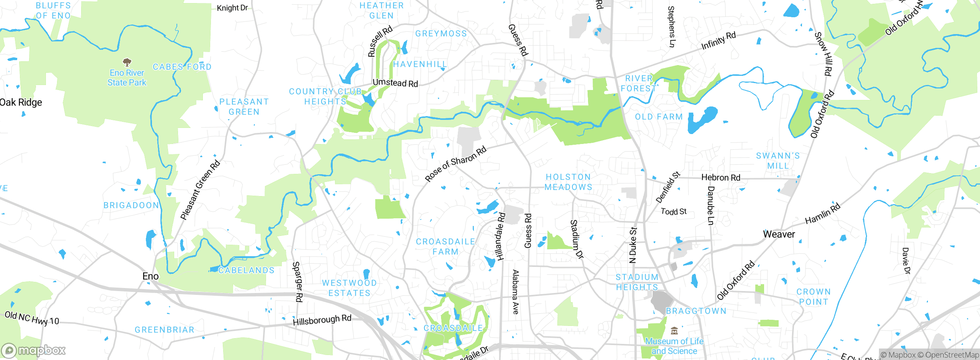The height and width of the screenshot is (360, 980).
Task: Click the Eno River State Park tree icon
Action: point(127,62)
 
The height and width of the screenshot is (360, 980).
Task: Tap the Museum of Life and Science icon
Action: point(674,331)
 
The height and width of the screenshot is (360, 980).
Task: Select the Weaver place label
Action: point(779,234)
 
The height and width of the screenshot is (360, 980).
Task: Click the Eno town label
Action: point(150,276)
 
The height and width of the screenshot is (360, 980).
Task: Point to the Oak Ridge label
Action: point(21,102)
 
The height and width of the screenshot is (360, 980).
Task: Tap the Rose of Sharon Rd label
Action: point(456,164)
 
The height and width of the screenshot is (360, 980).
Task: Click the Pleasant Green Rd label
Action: point(200,190)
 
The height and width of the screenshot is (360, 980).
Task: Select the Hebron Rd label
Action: point(720,178)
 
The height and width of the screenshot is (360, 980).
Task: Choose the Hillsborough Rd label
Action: point(322,320)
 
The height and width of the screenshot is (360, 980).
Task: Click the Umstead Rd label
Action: point(395,83)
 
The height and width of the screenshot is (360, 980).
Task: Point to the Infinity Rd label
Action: point(718,41)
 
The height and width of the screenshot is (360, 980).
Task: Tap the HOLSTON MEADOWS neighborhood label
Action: point(568,182)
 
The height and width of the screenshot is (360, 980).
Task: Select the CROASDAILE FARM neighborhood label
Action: point(446,247)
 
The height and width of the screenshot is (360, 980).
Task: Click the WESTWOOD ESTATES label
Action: point(350,288)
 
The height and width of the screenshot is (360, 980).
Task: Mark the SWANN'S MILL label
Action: point(778,161)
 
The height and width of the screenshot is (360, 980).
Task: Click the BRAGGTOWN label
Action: point(696,311)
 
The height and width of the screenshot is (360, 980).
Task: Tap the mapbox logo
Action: point(34,350)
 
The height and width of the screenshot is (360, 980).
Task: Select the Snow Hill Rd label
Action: point(823,54)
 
